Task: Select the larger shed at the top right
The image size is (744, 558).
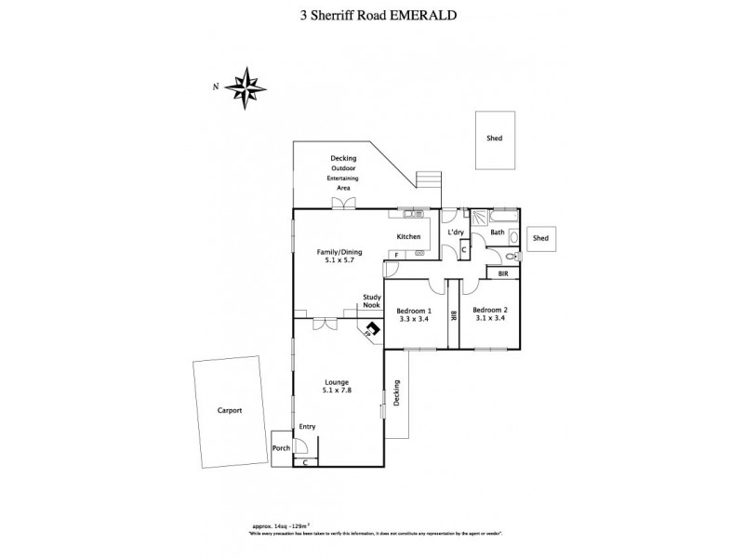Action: point(495,139)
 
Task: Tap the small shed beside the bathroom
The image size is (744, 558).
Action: point(540,239)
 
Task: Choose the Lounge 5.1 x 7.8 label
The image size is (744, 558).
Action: point(338,386)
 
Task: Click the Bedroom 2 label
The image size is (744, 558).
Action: point(489,310)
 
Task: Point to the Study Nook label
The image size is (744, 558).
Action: point(372,302)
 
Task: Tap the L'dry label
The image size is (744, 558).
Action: point(456,232)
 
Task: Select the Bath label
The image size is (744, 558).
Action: point(498,232)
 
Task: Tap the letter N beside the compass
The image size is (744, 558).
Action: point(215,86)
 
